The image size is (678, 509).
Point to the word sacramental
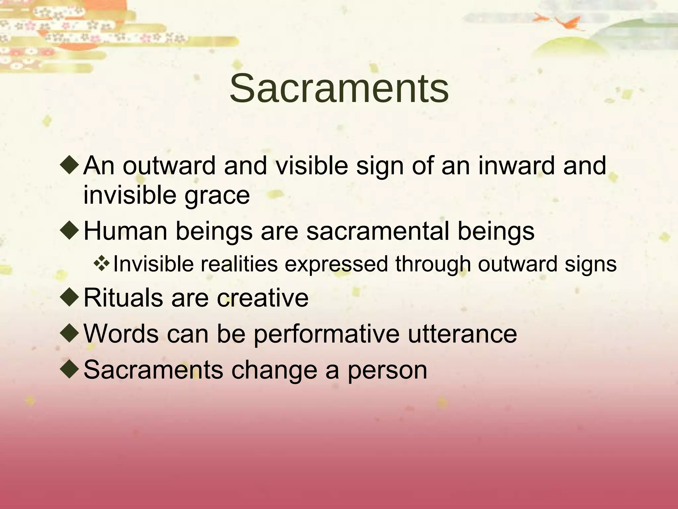[x=378, y=231]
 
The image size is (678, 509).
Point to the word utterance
[x=462, y=334]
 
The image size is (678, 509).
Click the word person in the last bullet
[x=387, y=370]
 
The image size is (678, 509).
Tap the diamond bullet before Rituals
[x=70, y=297]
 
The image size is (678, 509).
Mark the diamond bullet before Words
[x=70, y=333]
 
